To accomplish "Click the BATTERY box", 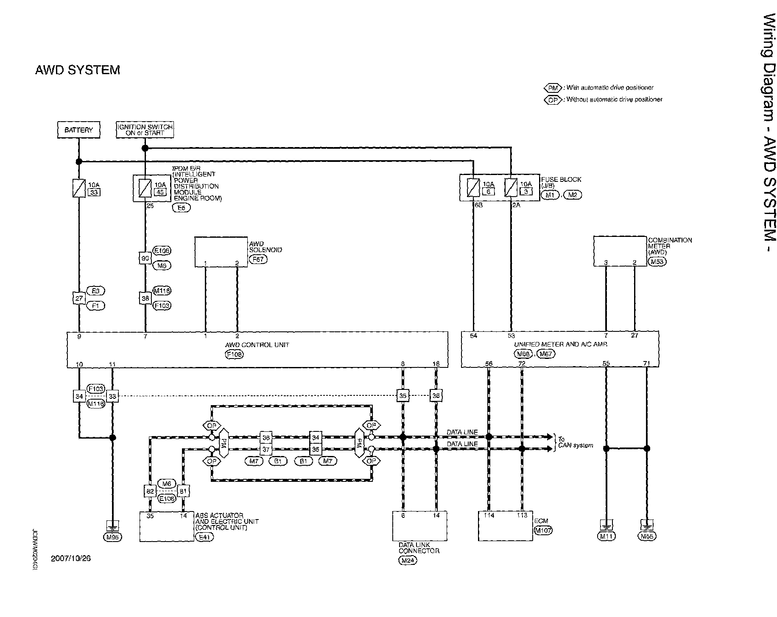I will (x=78, y=130).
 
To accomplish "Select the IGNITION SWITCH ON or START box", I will (x=145, y=130).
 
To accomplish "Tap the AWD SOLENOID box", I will (x=221, y=252).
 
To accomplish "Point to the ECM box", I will (x=505, y=526).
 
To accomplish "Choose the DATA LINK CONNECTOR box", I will (x=419, y=526).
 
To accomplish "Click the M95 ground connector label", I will (x=112, y=537).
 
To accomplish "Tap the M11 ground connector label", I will (x=606, y=536).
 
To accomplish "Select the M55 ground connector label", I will (x=647, y=536).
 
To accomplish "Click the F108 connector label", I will (x=235, y=354).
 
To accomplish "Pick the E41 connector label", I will (x=204, y=537).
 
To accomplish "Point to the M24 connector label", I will (x=408, y=560).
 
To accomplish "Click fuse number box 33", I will (x=93, y=192).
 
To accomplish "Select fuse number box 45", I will (x=160, y=192).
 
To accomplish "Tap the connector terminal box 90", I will (x=145, y=258).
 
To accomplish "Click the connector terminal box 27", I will (x=79, y=298).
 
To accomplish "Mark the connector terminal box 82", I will (x=150, y=491).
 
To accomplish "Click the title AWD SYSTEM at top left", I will (x=78, y=70).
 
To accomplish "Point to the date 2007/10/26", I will (x=71, y=558).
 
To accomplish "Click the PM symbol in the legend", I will (x=553, y=88).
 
